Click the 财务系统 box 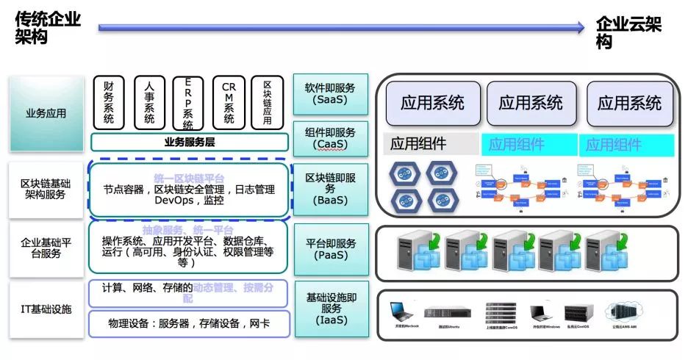coord(109,103)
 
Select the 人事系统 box coord(149,103)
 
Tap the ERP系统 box coord(188,103)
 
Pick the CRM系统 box coord(229,103)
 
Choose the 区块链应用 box coord(267,103)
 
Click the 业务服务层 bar coord(189,142)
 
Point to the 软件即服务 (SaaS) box coord(330,93)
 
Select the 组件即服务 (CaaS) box coord(330,137)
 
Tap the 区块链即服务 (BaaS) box coord(330,189)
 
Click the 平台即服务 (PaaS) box coord(330,249)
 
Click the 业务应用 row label coord(46,113)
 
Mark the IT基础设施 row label coord(46,309)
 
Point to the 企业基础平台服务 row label coord(46,248)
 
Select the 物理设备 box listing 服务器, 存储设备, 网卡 coord(189,323)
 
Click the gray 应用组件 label coord(418,144)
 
